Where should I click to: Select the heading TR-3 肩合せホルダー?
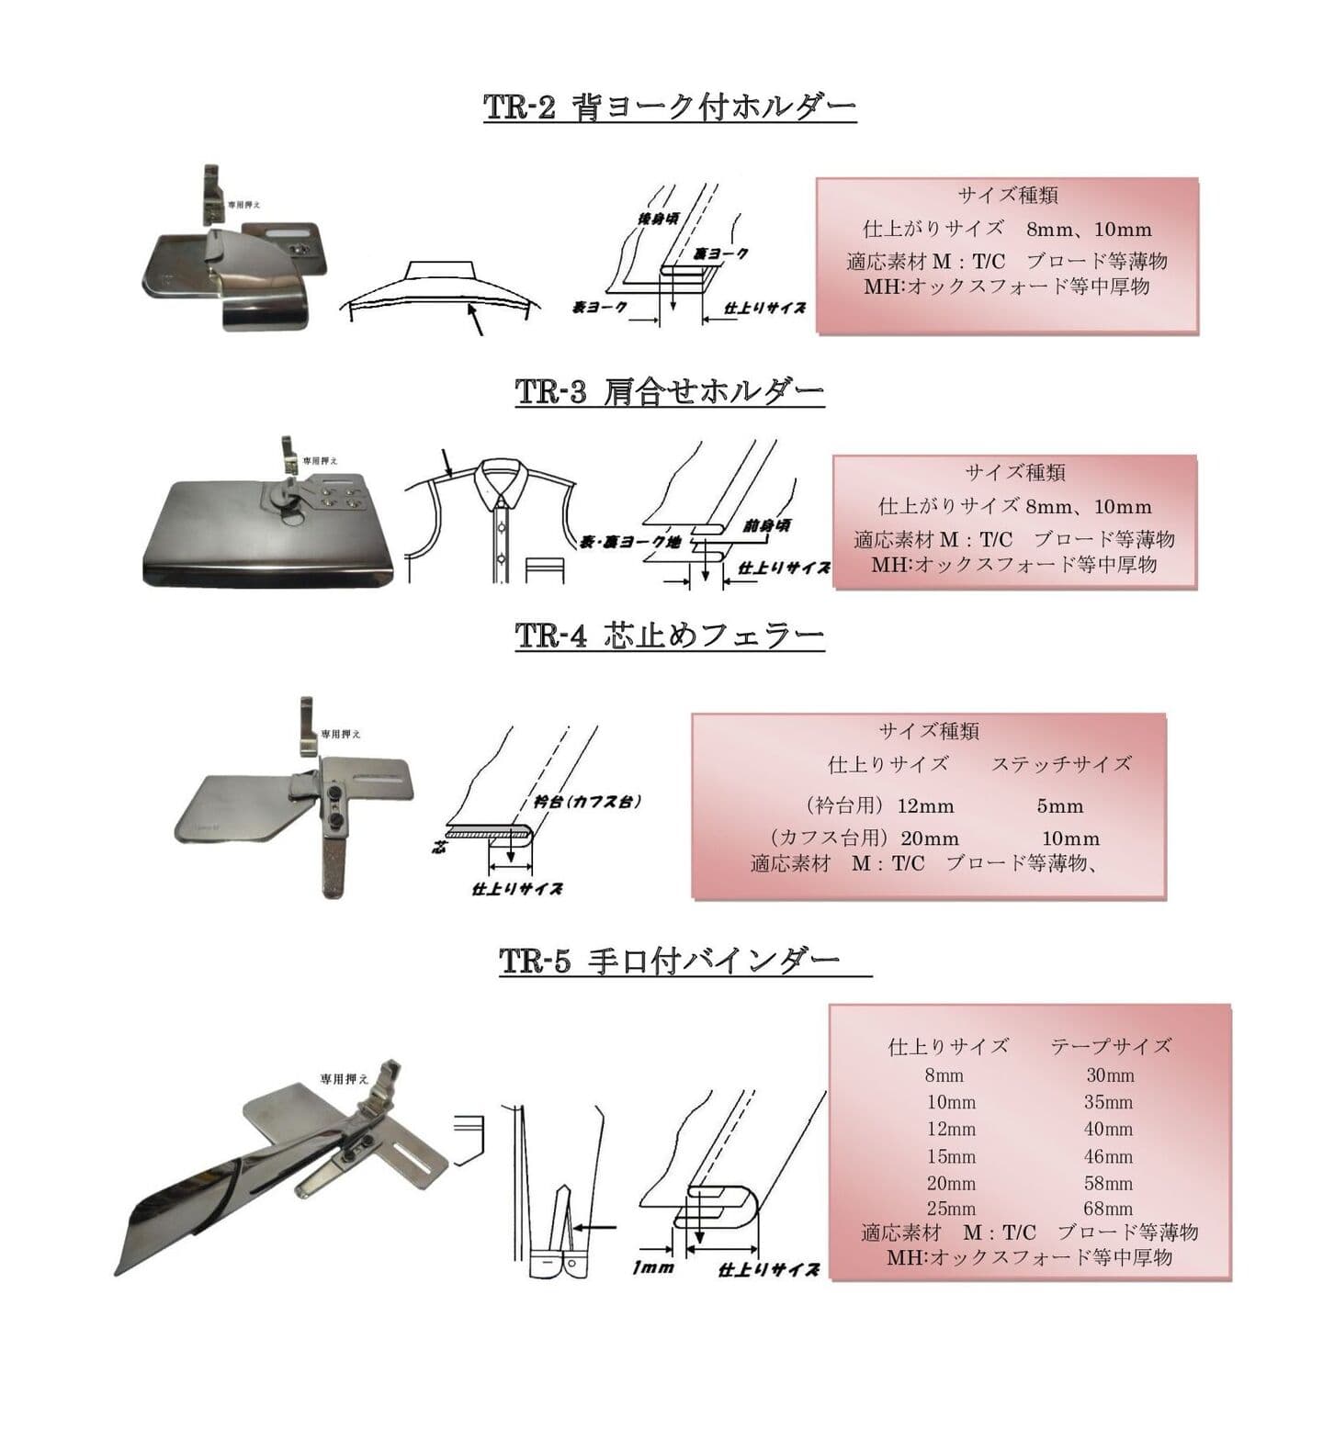click(670, 393)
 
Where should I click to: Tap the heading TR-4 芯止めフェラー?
click(670, 636)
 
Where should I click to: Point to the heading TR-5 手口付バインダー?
click(670, 962)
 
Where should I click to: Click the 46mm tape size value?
click(1108, 1156)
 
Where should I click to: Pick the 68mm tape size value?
click(1108, 1209)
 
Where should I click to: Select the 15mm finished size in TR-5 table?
click(951, 1156)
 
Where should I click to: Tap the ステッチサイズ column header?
click(1061, 764)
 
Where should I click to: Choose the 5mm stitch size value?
click(1060, 806)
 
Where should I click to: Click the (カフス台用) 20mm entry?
click(865, 838)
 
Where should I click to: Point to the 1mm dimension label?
click(653, 1267)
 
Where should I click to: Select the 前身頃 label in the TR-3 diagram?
click(767, 526)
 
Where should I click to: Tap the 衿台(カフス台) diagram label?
click(587, 801)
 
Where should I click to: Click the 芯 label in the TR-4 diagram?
click(439, 846)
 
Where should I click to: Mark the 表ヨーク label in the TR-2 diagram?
click(600, 308)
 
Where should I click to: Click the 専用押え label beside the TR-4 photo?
click(340, 735)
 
